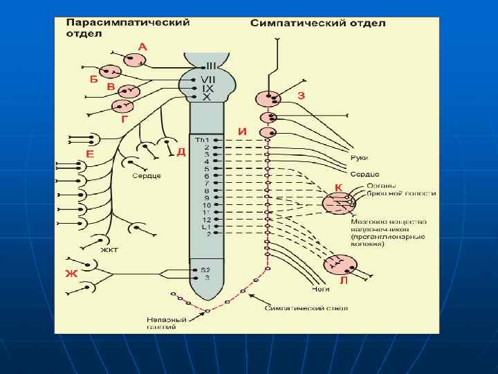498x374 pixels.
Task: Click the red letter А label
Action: pyautogui.click(x=142, y=47)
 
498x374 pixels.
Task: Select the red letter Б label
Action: pyautogui.click(x=94, y=79)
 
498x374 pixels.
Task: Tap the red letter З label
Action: pyautogui.click(x=300, y=96)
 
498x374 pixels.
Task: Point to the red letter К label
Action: pyautogui.click(x=338, y=188)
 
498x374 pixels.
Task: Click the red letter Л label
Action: pyautogui.click(x=344, y=282)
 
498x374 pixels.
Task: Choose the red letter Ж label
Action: pyautogui.click(x=71, y=274)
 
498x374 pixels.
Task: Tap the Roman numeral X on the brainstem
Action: pyautogui.click(x=206, y=98)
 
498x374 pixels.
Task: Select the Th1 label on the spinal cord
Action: pyautogui.click(x=201, y=141)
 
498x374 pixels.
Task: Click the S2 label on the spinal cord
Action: pyautogui.click(x=205, y=269)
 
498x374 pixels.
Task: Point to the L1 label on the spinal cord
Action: pyautogui.click(x=205, y=226)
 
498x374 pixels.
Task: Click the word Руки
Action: pyautogui.click(x=359, y=159)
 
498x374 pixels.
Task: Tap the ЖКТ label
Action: pyautogui.click(x=109, y=249)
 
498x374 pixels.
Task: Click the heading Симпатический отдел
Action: pyautogui.click(x=317, y=23)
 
